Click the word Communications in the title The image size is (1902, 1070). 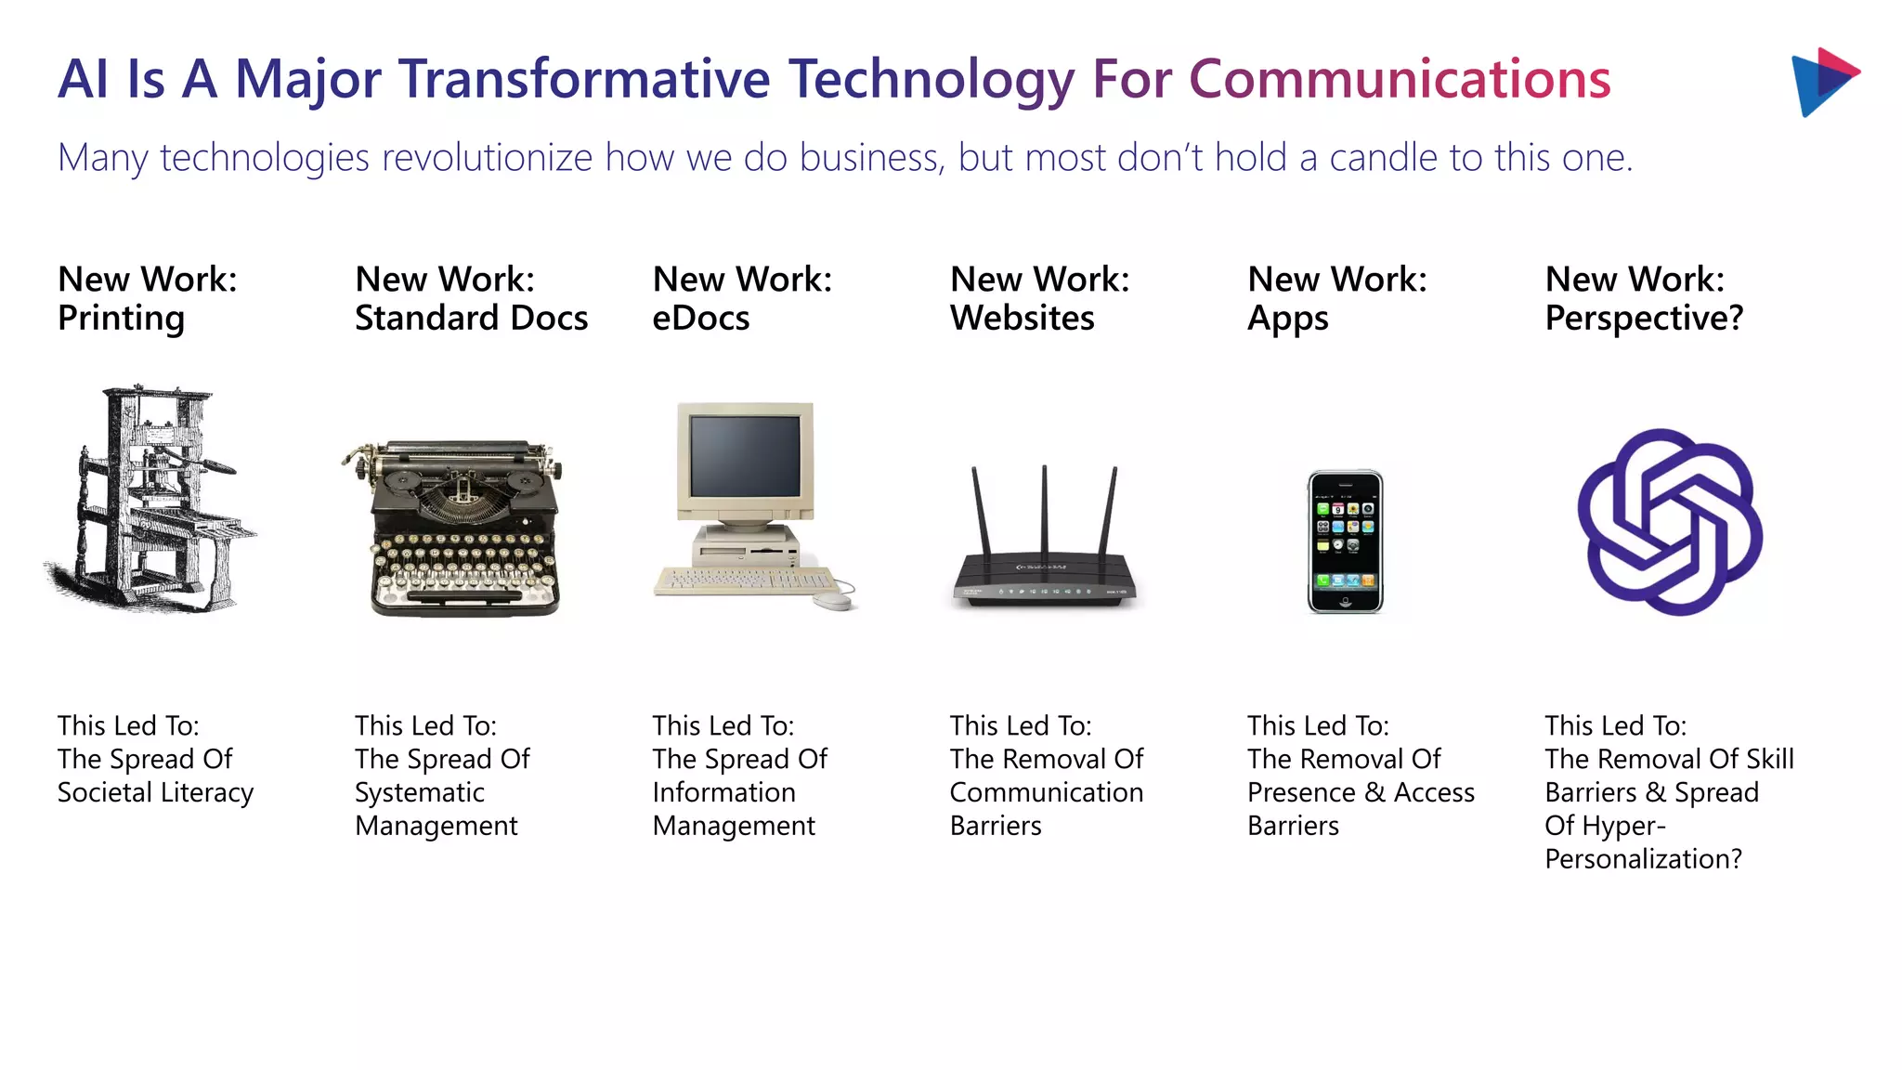(1400, 79)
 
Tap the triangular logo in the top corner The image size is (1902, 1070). (1822, 82)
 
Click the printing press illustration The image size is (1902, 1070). (149, 500)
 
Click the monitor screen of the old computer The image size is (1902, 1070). (745, 455)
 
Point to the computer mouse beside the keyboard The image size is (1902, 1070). (834, 601)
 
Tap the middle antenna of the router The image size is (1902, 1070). (1045, 511)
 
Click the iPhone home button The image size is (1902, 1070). (1346, 602)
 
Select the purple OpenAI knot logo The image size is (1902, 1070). (1669, 522)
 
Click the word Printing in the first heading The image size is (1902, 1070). (121, 319)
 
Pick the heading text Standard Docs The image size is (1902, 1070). (471, 319)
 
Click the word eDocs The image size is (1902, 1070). (700, 319)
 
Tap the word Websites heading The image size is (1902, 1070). (1022, 319)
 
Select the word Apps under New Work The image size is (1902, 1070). (1287, 319)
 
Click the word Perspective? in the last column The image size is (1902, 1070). (1644, 319)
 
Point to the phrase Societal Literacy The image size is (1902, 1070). (155, 792)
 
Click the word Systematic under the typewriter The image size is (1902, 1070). (419, 792)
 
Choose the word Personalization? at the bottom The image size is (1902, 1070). (1643, 859)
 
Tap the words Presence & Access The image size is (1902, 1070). (1361, 792)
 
